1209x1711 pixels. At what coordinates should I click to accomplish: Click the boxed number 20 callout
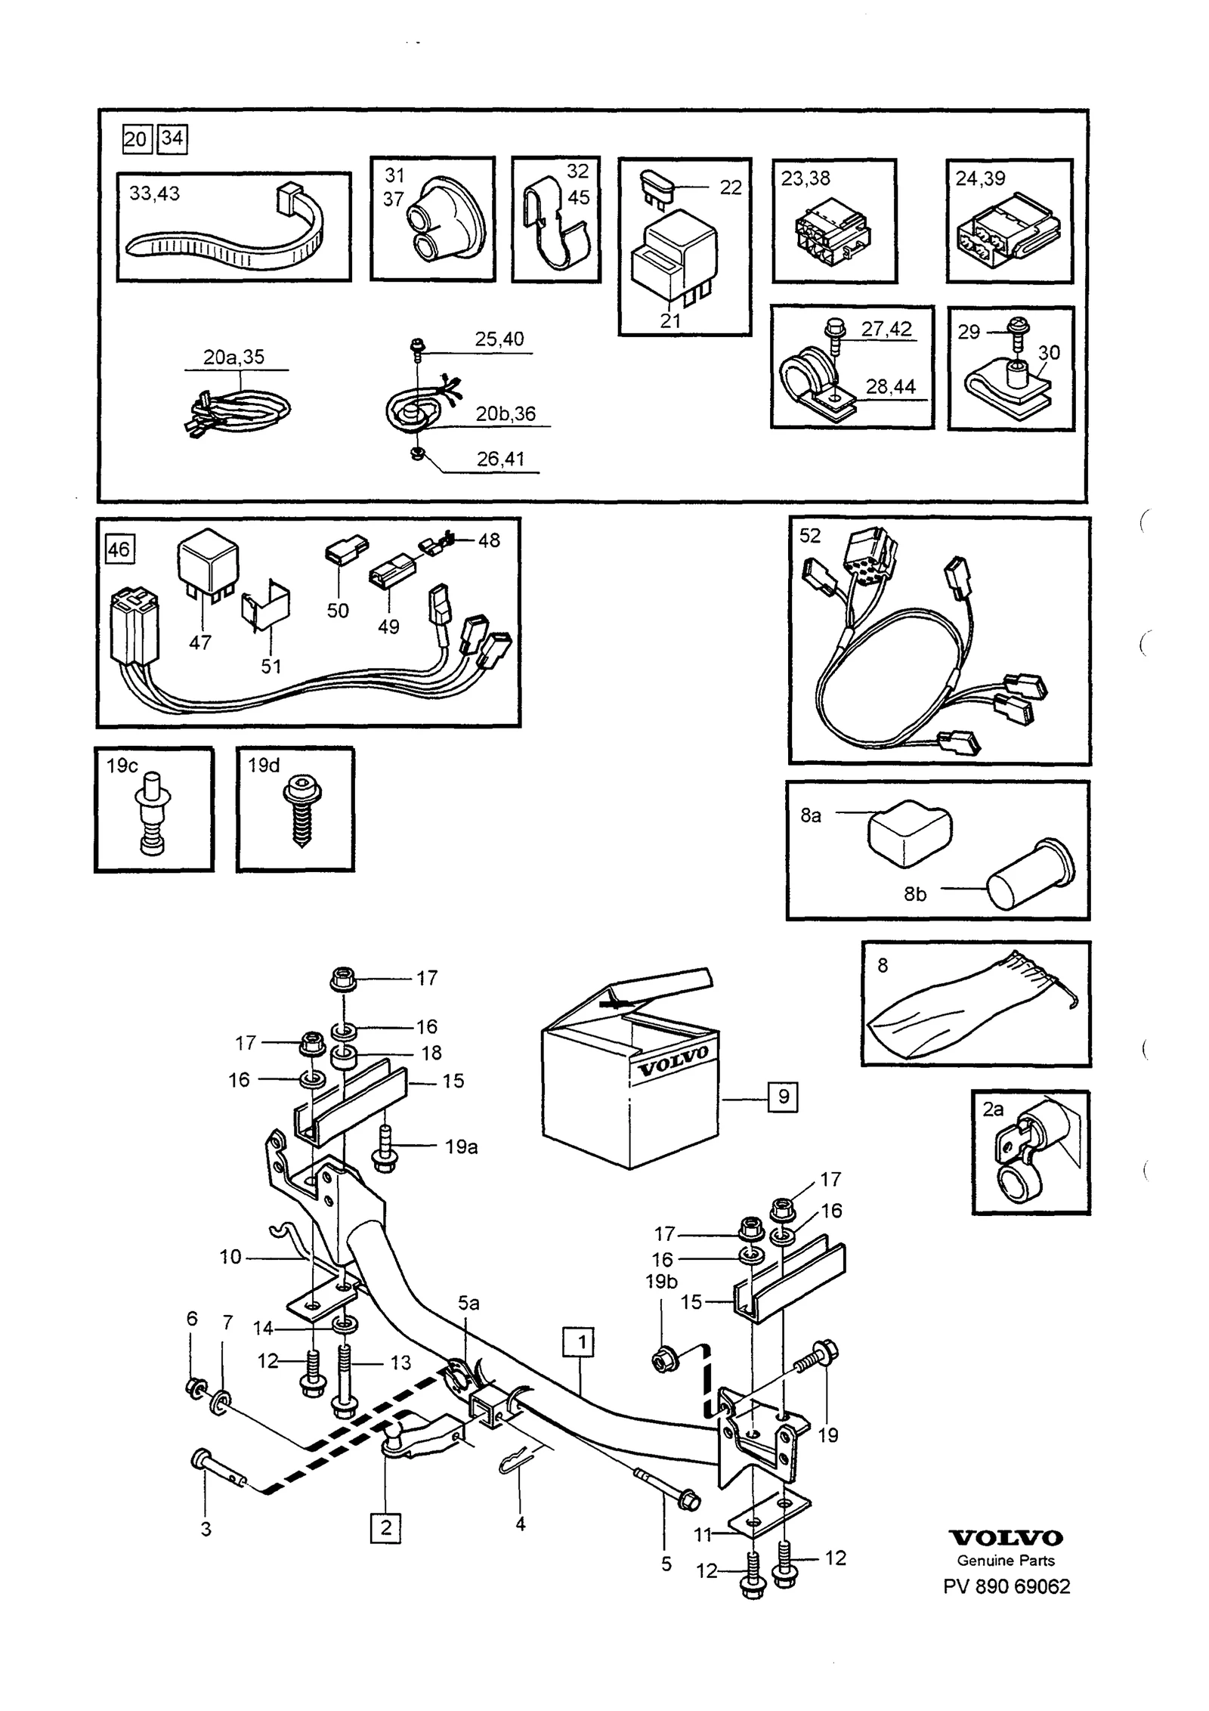click(x=136, y=139)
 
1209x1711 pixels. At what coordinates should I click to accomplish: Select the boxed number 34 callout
click(x=172, y=139)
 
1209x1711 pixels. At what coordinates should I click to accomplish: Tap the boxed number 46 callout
click(x=119, y=549)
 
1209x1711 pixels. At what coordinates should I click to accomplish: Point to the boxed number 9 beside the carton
click(x=783, y=1097)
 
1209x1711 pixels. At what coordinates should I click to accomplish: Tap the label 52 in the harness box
click(x=809, y=535)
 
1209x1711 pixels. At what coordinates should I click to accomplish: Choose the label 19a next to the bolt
click(x=461, y=1147)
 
